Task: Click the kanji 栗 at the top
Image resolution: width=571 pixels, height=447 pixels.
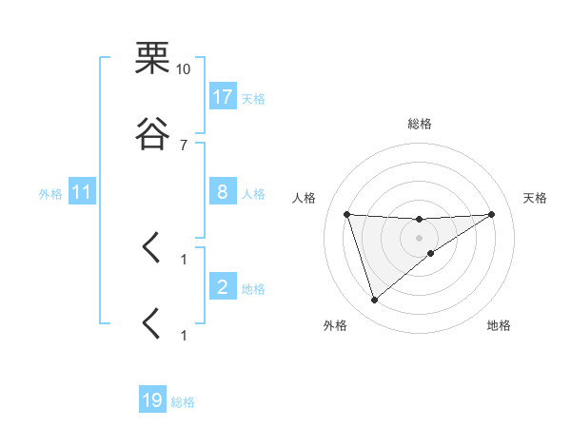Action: [153, 58]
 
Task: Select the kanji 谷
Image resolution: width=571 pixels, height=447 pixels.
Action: [153, 134]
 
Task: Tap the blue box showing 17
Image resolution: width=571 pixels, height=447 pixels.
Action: [223, 97]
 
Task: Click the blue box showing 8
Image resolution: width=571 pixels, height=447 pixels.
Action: [223, 192]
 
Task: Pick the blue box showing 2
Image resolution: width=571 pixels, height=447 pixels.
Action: [223, 287]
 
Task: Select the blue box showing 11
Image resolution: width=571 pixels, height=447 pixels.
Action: [82, 192]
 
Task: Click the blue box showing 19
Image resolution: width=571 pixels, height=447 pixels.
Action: [152, 400]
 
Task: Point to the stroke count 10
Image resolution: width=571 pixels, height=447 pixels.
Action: [183, 68]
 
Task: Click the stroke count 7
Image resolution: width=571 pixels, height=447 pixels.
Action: [183, 145]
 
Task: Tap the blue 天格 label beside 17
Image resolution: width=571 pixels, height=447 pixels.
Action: [253, 98]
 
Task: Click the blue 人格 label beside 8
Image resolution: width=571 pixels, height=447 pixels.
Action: [253, 193]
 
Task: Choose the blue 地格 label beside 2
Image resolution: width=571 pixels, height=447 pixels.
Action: [253, 288]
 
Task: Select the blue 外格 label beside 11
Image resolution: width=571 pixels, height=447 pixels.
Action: [50, 193]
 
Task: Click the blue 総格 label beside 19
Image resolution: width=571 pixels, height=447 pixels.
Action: [183, 401]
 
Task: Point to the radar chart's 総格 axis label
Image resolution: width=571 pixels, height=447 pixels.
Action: [420, 124]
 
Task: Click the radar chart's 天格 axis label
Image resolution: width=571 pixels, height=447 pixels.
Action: [536, 198]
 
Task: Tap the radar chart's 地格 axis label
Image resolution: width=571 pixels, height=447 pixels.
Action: [499, 325]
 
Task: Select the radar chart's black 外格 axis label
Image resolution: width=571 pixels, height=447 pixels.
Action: [335, 325]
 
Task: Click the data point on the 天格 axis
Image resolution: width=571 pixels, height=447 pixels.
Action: [492, 214]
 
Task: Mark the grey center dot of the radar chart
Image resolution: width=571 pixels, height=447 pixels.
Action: [420, 237]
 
